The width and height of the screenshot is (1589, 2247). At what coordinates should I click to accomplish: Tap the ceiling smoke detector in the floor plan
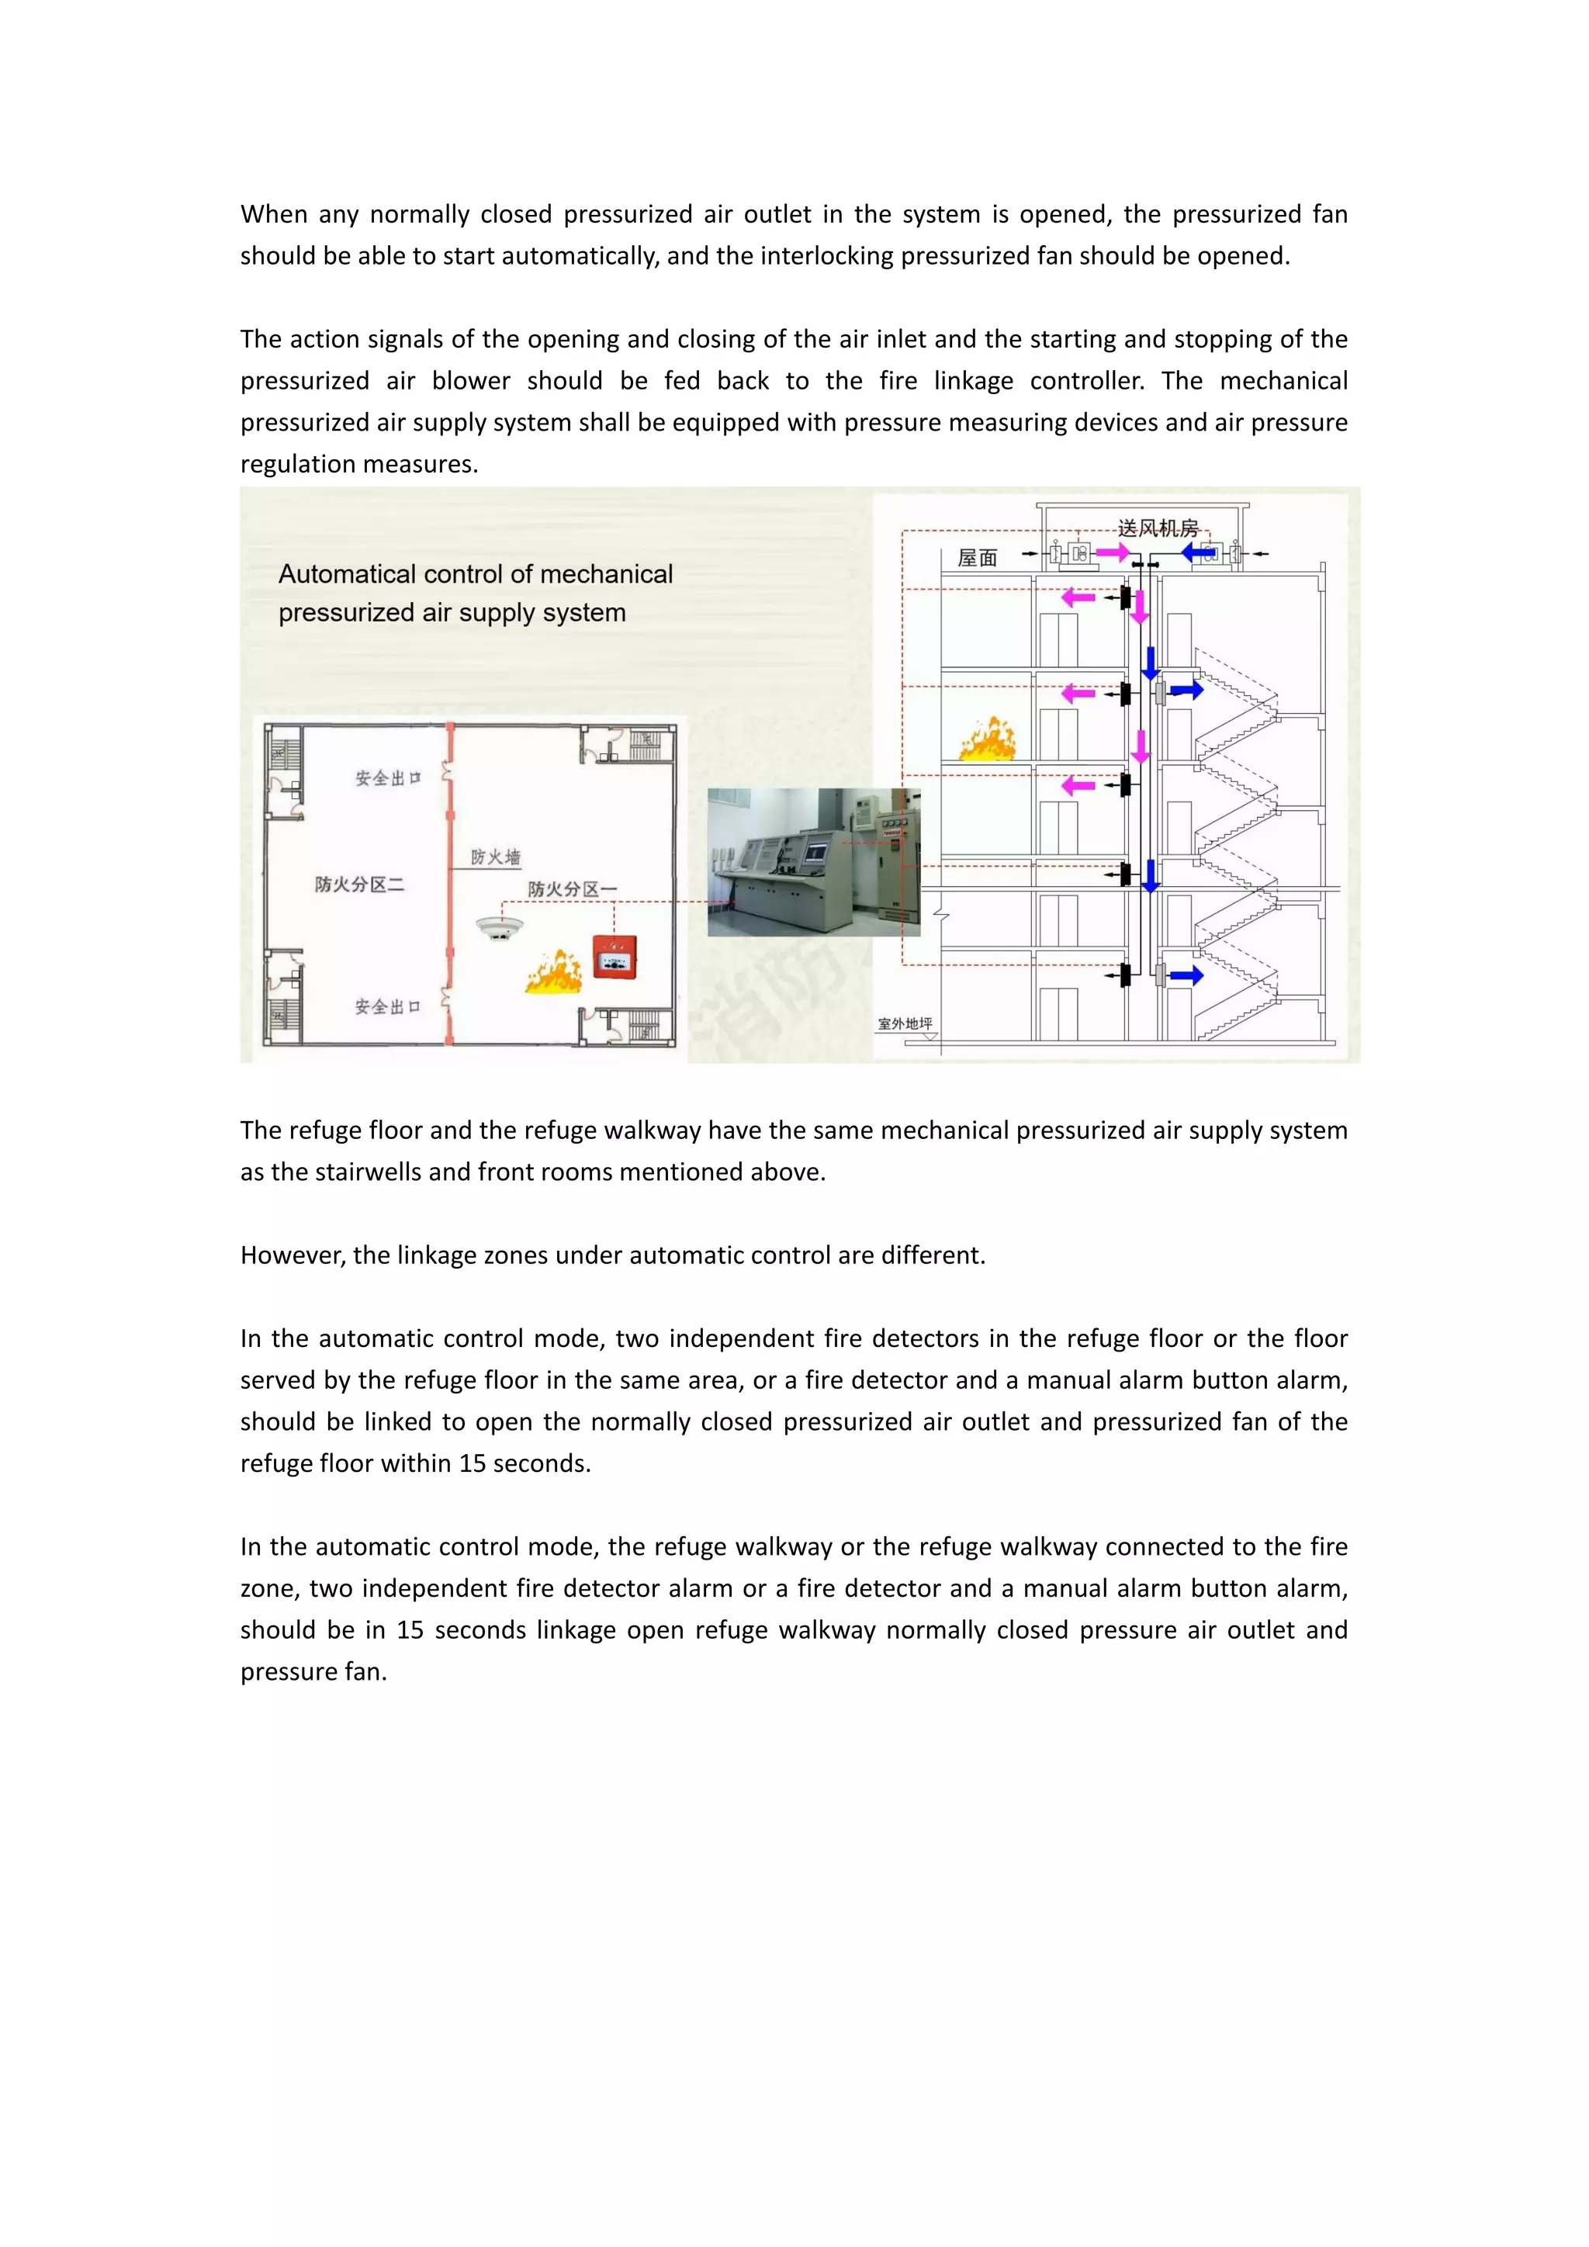tap(499, 926)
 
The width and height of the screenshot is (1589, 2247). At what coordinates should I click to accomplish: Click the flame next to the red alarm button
tap(555, 971)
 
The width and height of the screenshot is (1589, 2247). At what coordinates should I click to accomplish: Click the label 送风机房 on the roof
tap(1158, 528)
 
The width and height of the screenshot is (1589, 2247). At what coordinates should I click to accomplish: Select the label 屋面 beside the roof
tap(977, 558)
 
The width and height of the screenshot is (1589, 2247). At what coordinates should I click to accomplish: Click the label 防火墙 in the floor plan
tap(495, 857)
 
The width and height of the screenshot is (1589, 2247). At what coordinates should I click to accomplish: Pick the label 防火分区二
tap(359, 885)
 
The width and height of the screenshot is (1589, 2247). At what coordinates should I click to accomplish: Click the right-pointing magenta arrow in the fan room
tap(1113, 553)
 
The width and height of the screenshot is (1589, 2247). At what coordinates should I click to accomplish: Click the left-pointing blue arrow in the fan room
tap(1198, 553)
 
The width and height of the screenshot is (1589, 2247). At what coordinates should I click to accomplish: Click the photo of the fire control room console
tap(813, 862)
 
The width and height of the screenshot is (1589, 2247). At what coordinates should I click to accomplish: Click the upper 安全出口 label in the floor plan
tap(387, 778)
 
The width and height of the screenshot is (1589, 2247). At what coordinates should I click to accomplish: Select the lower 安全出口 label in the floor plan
tap(387, 1007)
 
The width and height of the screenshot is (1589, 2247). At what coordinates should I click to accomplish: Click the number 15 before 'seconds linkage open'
tap(409, 1630)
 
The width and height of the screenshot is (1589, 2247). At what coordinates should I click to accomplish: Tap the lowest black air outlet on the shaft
tap(1125, 975)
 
